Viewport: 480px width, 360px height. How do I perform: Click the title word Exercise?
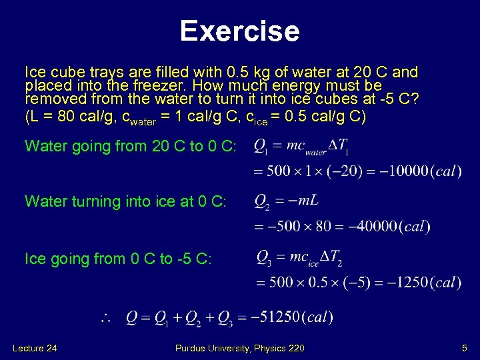tap(240, 31)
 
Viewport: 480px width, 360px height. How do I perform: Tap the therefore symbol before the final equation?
tap(105, 318)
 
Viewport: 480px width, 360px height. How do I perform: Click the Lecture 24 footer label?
tap(35, 348)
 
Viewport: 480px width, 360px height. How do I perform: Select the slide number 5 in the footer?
tap(464, 348)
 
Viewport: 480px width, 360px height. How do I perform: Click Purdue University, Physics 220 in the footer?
tap(240, 348)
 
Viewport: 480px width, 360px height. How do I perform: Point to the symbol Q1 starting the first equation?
tap(261, 147)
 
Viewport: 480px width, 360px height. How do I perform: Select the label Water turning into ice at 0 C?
tap(125, 201)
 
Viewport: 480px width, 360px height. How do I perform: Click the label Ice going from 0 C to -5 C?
tap(118, 259)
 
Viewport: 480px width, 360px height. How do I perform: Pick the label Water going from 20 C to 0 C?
tap(130, 147)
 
